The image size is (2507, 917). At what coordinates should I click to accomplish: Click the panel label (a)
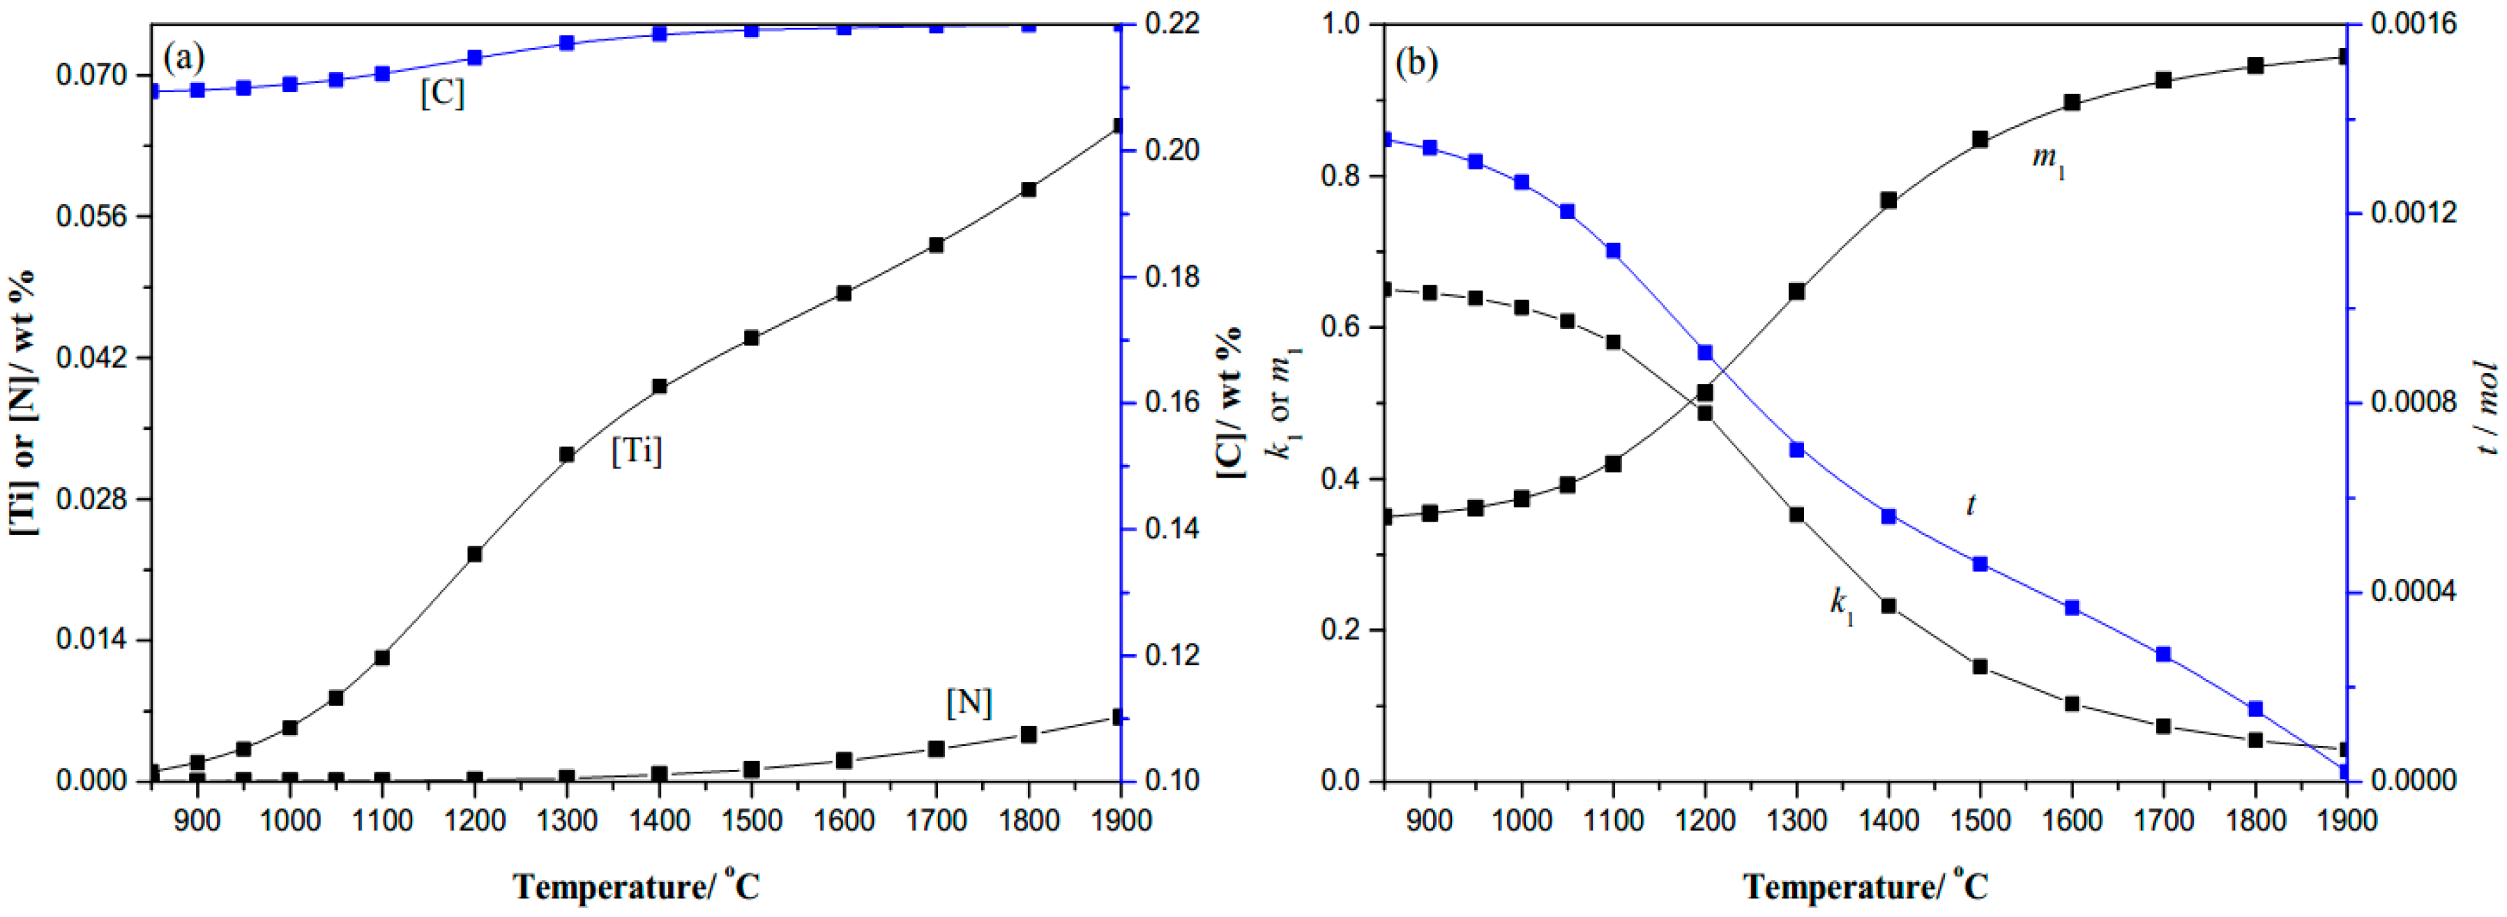(x=184, y=59)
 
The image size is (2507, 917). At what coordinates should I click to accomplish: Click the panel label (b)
(x=1416, y=63)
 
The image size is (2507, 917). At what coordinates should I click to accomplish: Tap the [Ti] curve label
(x=637, y=450)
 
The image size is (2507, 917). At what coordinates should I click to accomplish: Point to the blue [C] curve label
(x=442, y=93)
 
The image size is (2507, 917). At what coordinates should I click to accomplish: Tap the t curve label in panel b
(x=1971, y=504)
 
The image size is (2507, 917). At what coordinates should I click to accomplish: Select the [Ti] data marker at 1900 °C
(x=1119, y=126)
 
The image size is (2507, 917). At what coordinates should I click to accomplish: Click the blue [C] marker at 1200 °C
(x=475, y=57)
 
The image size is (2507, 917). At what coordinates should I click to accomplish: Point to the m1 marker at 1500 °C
(x=1980, y=139)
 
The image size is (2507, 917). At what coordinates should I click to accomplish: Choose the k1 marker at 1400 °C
(x=1888, y=605)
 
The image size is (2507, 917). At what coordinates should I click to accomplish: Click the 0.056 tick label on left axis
(x=91, y=216)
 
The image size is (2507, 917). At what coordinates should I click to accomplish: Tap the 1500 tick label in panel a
(x=751, y=821)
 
